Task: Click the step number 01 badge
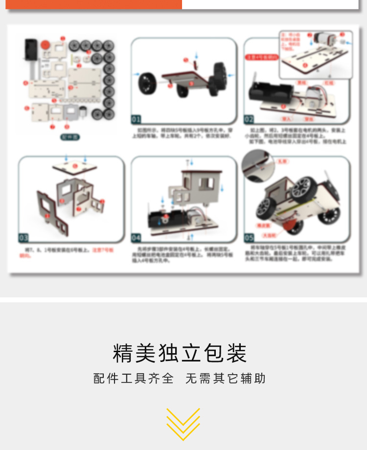pos(136,119)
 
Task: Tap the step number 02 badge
pos(249,119)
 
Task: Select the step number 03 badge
pos(23,238)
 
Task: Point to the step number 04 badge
pos(136,238)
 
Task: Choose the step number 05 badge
pos(249,238)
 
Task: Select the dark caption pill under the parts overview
pos(69,137)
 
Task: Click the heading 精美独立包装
pos(180,353)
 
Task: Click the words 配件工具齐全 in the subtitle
pos(134,378)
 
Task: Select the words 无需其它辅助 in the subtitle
pos(226,378)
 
